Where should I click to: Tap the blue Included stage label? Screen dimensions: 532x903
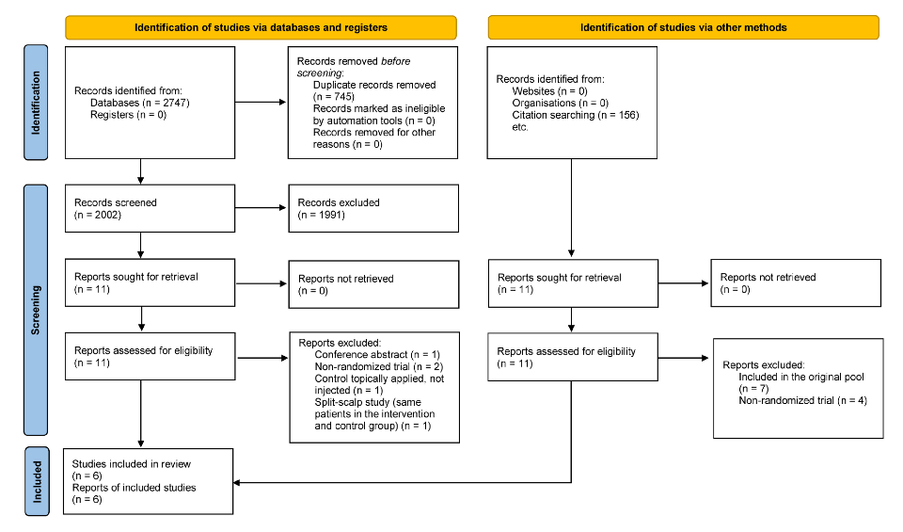(x=37, y=480)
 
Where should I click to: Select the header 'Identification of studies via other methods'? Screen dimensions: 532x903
(x=683, y=27)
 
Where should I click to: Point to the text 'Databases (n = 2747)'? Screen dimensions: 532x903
(x=140, y=103)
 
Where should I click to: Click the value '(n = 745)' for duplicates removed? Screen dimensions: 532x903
(x=337, y=96)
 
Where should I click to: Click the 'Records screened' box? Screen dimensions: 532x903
(x=149, y=208)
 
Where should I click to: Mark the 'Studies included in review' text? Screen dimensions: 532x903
(x=132, y=464)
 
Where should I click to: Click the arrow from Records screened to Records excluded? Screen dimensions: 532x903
(x=261, y=208)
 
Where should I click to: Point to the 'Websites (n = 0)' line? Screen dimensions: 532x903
(x=549, y=90)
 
